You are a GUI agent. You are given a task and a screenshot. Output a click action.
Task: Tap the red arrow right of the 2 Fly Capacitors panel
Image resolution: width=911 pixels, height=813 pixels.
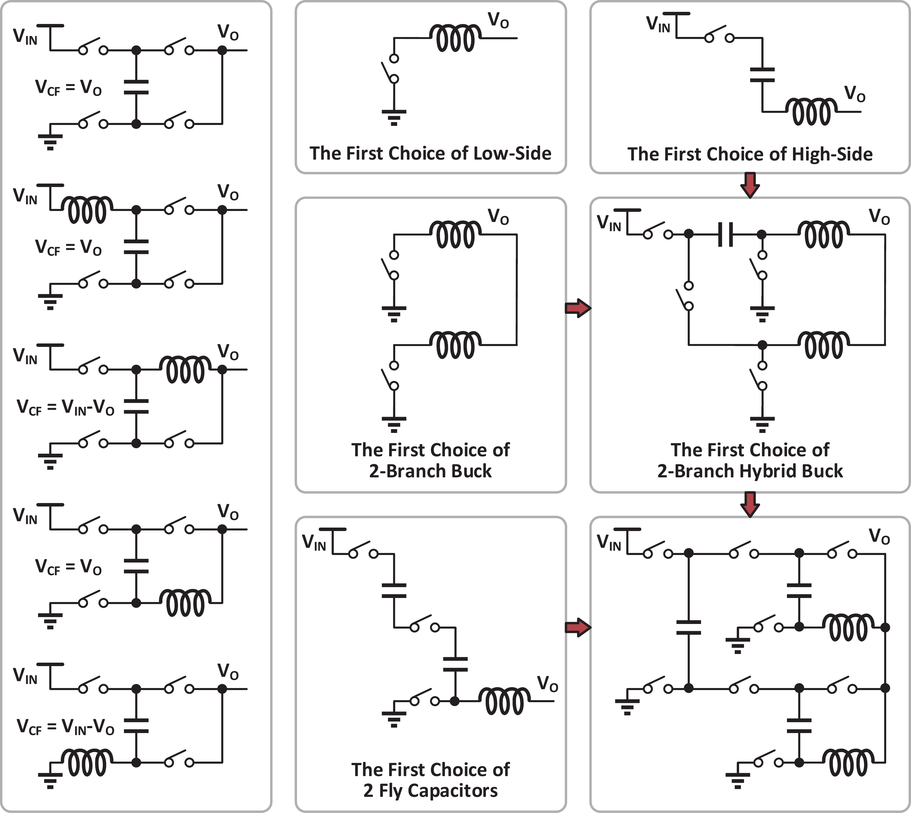tap(578, 628)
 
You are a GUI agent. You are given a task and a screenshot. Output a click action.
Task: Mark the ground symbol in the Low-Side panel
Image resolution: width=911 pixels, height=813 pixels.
tap(394, 117)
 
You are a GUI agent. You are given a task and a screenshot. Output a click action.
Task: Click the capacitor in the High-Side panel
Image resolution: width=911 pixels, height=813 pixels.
tap(762, 75)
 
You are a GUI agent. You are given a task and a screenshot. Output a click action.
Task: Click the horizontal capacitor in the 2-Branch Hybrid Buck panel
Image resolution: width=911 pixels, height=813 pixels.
tap(726, 234)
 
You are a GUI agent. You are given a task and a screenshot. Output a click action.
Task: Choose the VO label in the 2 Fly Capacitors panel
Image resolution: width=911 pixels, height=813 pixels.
tap(547, 683)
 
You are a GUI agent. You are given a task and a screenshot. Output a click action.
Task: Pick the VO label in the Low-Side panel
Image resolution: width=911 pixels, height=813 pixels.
tap(498, 20)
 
